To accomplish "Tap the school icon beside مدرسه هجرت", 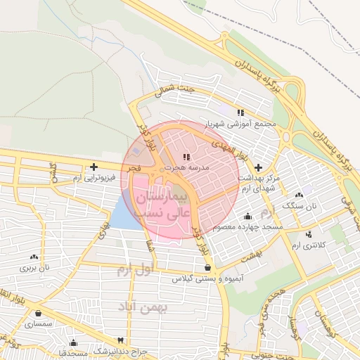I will coord(186,157).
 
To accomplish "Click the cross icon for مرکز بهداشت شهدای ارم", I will coord(259,168).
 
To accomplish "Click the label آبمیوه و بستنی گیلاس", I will coord(209,279).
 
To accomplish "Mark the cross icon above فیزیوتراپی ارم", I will coord(94,167).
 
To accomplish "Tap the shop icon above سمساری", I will coord(37,314).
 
